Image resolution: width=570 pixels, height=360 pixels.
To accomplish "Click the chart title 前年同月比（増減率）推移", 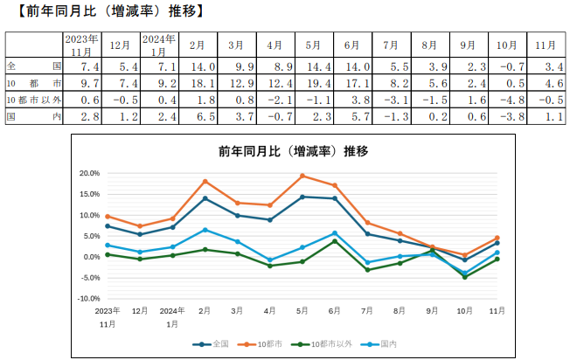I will [294, 151].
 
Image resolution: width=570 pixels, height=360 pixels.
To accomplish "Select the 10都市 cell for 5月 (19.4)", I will [310, 83].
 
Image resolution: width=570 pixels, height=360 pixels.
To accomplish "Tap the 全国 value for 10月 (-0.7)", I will [509, 66].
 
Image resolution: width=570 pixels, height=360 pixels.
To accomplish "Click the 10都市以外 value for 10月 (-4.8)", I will [509, 100].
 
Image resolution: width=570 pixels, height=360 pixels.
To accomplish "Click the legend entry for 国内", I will [390, 344].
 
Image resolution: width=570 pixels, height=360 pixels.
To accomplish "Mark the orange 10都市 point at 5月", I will [302, 176].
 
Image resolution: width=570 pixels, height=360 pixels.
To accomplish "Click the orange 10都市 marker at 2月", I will [205, 181].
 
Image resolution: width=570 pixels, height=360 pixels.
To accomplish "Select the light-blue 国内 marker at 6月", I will [335, 233].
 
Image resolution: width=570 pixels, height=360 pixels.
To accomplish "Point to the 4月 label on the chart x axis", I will [270, 309].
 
